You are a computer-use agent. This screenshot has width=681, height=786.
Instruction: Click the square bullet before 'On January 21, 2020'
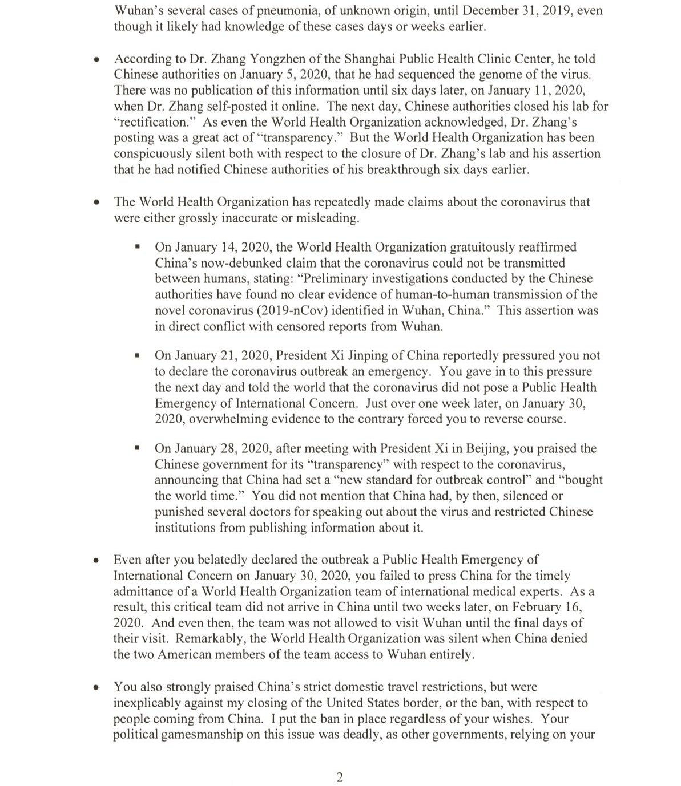(x=137, y=355)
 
